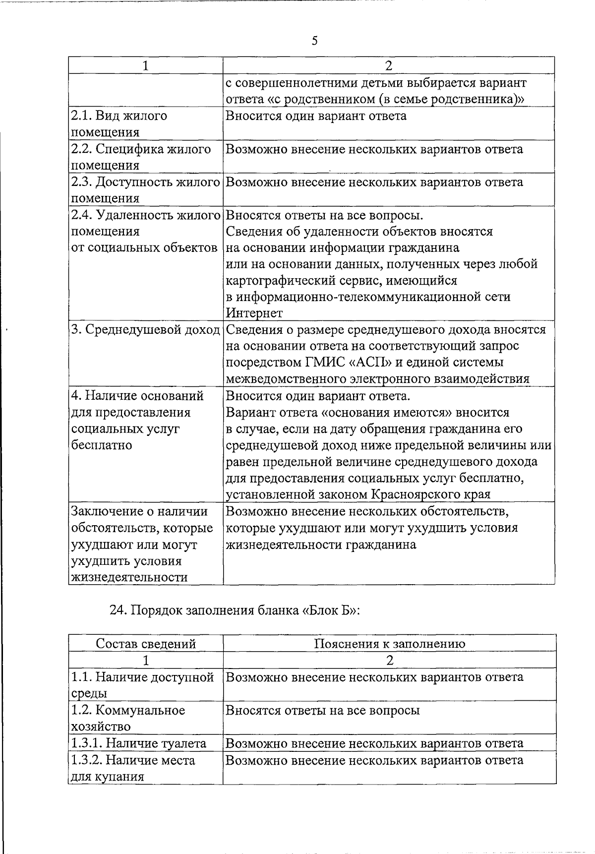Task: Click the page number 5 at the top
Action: (x=315, y=41)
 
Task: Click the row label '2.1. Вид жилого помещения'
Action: (x=119, y=124)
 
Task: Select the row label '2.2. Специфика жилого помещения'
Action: (x=141, y=157)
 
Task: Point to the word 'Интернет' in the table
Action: (x=254, y=313)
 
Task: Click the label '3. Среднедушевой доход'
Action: (x=145, y=330)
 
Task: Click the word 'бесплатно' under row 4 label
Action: (x=102, y=445)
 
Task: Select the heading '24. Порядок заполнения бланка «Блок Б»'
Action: (x=234, y=610)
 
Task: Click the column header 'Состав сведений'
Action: (x=146, y=644)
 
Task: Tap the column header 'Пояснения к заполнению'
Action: (x=389, y=644)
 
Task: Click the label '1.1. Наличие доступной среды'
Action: (x=142, y=685)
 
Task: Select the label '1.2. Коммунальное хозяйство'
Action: (x=128, y=718)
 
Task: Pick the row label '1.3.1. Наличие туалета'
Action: (x=139, y=743)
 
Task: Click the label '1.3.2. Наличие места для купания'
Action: (x=133, y=768)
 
